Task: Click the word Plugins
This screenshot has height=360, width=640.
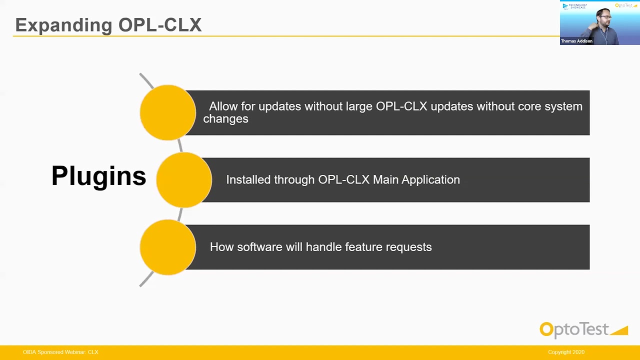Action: tap(98, 176)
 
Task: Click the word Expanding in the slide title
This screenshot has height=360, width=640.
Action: tap(63, 25)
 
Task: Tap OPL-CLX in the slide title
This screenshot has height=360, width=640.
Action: tap(160, 25)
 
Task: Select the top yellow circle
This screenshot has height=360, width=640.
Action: tap(167, 112)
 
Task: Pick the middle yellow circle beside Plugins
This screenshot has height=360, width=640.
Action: tap(183, 180)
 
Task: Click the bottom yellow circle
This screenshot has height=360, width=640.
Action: tap(167, 247)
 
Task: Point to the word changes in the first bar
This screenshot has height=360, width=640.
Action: tap(225, 119)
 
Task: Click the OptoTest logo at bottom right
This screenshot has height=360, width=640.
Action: tap(583, 330)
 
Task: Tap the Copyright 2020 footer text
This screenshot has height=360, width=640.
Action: tap(566, 352)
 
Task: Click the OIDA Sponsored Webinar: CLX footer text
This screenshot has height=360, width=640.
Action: tap(60, 352)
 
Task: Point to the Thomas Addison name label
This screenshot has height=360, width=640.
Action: tap(576, 41)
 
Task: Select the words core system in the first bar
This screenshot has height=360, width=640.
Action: tap(550, 106)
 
